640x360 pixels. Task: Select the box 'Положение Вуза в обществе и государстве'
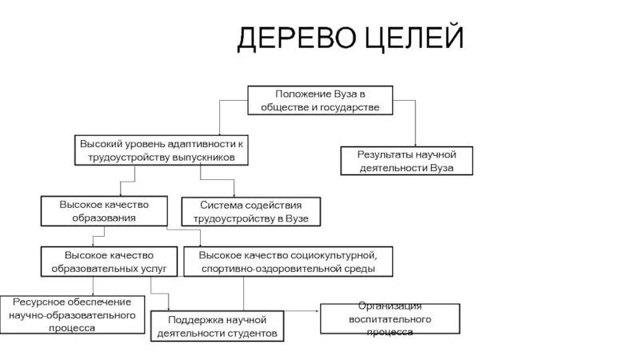pos(321,100)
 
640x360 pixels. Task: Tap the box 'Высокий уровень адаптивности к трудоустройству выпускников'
pos(161,150)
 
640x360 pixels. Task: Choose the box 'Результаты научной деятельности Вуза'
pos(408,160)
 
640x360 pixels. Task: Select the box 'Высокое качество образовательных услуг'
pos(109,262)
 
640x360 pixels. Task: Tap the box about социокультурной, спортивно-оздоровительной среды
pos(290,262)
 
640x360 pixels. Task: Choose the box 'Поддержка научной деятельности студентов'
pos(216,326)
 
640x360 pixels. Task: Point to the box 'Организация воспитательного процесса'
pos(390,318)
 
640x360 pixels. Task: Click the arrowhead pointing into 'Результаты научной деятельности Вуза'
pos(415,144)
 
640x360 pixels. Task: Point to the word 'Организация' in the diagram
pos(390,306)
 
